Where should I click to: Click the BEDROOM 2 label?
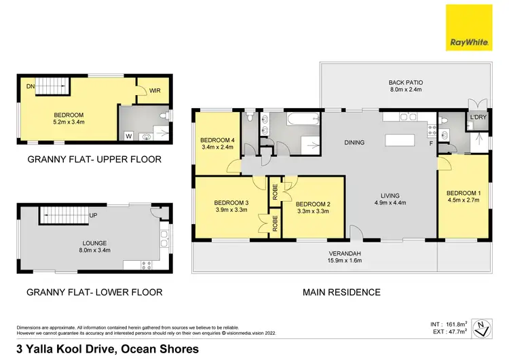click(313, 203)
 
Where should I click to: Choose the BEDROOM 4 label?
click(217, 140)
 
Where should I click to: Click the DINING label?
click(354, 143)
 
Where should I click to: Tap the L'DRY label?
click(478, 118)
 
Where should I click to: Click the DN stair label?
click(31, 86)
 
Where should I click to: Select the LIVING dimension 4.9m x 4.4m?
click(394, 202)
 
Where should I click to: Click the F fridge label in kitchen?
click(430, 143)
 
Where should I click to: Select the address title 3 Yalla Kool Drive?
click(102, 349)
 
